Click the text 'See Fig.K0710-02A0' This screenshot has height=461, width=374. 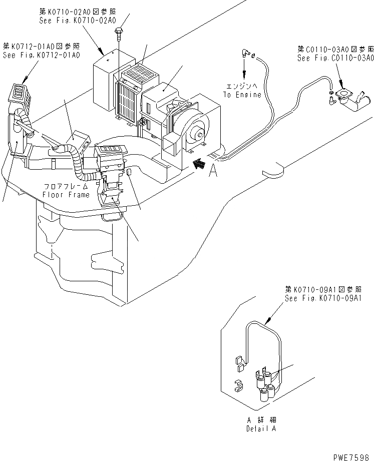[x=77, y=21]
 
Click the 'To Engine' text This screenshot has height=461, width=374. [x=243, y=95]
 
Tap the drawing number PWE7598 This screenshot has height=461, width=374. [x=355, y=454]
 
